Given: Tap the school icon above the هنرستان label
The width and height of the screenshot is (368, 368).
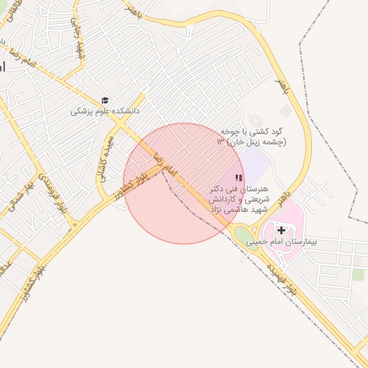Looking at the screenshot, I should [239, 178].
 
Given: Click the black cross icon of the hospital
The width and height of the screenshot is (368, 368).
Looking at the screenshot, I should [281, 231].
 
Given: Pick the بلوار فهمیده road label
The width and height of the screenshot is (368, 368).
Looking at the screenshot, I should [281, 280].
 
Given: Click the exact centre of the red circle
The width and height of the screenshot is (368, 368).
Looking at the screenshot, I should [184, 183].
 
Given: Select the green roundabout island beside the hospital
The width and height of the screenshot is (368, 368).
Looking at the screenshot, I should [244, 234].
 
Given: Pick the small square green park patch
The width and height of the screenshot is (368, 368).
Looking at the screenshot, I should [358, 275].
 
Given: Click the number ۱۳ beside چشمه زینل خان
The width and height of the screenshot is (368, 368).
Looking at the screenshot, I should [221, 142].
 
